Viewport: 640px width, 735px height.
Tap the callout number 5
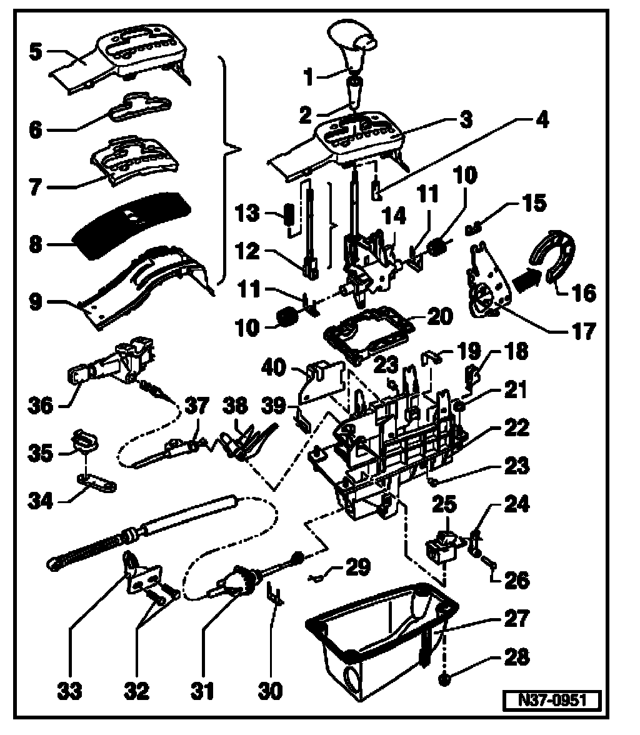click(x=36, y=49)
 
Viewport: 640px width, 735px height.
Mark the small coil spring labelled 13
click(x=289, y=216)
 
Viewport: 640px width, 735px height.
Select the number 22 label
click(x=517, y=429)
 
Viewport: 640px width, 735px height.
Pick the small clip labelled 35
click(x=82, y=440)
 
